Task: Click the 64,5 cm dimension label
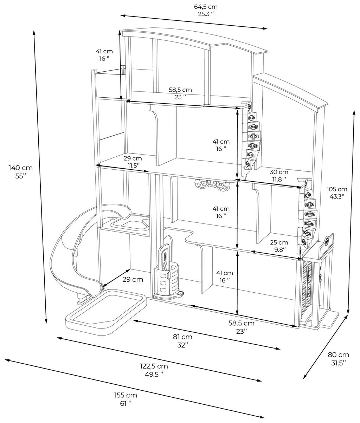click(x=206, y=11)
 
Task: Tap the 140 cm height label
click(x=20, y=172)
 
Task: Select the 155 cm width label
click(x=126, y=399)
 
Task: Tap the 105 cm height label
click(x=337, y=193)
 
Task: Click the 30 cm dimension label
click(x=279, y=176)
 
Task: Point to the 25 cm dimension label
click(x=279, y=246)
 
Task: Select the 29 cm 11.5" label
click(x=133, y=162)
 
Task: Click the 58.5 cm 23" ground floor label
click(x=241, y=327)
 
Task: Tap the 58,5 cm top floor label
click(x=180, y=93)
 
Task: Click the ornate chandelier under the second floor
click(x=213, y=184)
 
